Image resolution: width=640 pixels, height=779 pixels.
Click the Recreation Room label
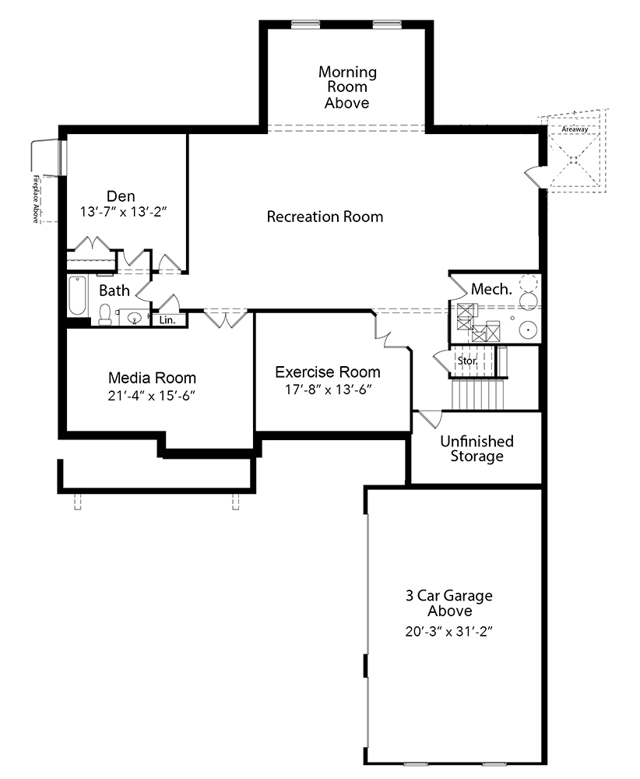tap(325, 217)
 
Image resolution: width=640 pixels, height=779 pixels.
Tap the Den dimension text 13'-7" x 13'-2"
tap(123, 212)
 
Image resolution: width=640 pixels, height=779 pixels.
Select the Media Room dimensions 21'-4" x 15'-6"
tap(151, 396)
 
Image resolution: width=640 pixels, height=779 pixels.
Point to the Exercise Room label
tap(328, 372)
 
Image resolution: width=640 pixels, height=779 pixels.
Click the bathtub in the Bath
tap(77, 295)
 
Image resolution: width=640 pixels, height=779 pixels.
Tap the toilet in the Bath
tap(105, 315)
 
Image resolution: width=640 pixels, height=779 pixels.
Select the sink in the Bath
tap(135, 317)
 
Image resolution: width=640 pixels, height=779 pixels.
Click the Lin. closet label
tap(167, 320)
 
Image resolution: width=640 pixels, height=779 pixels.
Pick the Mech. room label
tap(491, 289)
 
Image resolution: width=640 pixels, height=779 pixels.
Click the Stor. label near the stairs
tap(467, 361)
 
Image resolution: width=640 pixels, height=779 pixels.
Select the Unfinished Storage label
tap(476, 448)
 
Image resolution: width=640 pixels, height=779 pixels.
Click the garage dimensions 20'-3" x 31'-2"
tap(448, 632)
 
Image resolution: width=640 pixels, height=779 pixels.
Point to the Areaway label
tap(575, 129)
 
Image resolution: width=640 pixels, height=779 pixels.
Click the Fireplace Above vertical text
tap(36, 199)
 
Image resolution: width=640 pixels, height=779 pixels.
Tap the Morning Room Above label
tap(347, 87)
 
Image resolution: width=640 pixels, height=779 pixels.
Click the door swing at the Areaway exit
tap(535, 177)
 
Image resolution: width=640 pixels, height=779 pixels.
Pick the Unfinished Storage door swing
tap(430, 419)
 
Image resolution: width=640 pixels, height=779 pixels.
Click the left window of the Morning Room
tap(305, 23)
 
